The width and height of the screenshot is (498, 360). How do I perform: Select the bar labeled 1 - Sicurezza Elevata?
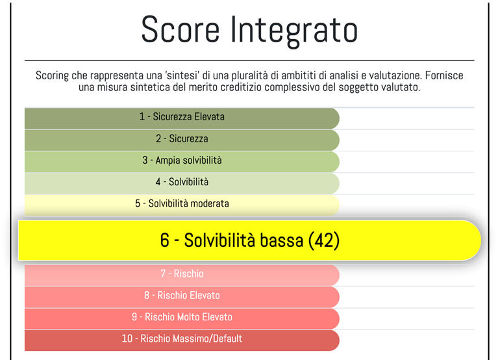point(182,117)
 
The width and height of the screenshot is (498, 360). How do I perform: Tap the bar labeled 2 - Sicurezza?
point(182,139)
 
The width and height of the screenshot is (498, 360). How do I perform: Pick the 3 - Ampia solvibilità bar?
point(182,161)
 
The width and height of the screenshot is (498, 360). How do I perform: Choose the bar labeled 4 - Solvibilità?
point(182,182)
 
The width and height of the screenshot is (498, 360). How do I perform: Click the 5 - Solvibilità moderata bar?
point(182,203)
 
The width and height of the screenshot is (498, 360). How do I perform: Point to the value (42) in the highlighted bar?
point(323,240)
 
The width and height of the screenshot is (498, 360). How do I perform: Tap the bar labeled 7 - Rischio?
point(182,274)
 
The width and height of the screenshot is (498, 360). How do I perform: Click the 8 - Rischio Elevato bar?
point(182,296)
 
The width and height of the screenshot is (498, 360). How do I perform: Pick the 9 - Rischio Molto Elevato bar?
point(182,317)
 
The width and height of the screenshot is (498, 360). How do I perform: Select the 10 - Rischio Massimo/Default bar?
point(182,339)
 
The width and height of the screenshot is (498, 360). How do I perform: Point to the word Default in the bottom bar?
point(225,339)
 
